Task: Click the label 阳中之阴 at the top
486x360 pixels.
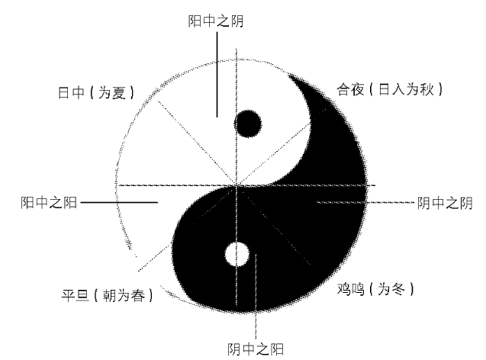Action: click(x=216, y=21)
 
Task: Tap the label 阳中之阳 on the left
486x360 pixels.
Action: click(x=49, y=203)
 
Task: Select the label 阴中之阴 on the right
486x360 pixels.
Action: click(x=445, y=203)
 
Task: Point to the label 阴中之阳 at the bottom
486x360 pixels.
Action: click(x=256, y=349)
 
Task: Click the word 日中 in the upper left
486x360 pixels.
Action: click(x=71, y=92)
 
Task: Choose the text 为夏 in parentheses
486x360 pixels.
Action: click(x=112, y=92)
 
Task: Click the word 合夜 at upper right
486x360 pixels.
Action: click(x=350, y=89)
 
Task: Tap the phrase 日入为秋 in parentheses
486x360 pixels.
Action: click(x=406, y=89)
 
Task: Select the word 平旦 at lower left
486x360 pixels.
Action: click(x=75, y=295)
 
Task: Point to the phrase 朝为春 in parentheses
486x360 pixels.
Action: click(x=124, y=295)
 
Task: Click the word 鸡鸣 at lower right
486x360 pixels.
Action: click(x=350, y=289)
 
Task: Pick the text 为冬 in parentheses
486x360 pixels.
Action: click(x=391, y=289)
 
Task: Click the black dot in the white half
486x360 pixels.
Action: click(x=248, y=124)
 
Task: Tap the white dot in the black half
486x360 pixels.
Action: click(x=237, y=254)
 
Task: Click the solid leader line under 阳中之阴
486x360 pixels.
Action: click(x=217, y=75)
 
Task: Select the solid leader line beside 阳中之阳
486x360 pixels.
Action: click(x=119, y=203)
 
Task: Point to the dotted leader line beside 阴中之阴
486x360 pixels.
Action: click(x=365, y=202)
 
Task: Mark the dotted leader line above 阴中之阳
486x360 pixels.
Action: click(x=256, y=297)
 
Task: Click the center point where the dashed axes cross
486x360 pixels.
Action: click(x=237, y=185)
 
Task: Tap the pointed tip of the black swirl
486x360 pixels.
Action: click(x=289, y=75)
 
